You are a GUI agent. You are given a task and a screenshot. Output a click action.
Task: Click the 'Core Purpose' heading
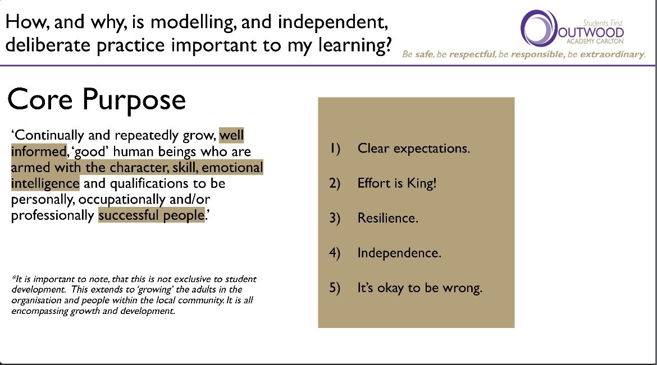tap(96, 100)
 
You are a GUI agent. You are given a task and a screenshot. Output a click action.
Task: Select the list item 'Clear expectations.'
tap(413, 149)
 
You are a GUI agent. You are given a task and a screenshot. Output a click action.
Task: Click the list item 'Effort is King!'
tap(396, 183)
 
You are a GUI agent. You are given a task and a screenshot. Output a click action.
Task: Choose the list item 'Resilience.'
tap(387, 218)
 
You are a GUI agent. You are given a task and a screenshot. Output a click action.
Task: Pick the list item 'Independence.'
tap(399, 253)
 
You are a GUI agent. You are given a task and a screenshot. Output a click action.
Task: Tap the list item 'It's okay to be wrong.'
tap(419, 288)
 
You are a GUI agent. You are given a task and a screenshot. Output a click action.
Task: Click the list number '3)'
tap(335, 218)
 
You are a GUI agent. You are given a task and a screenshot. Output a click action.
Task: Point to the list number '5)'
tap(335, 288)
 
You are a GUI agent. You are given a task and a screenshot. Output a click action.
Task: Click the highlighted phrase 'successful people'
tap(151, 216)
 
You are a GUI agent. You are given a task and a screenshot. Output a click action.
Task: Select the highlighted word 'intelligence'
tap(45, 183)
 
